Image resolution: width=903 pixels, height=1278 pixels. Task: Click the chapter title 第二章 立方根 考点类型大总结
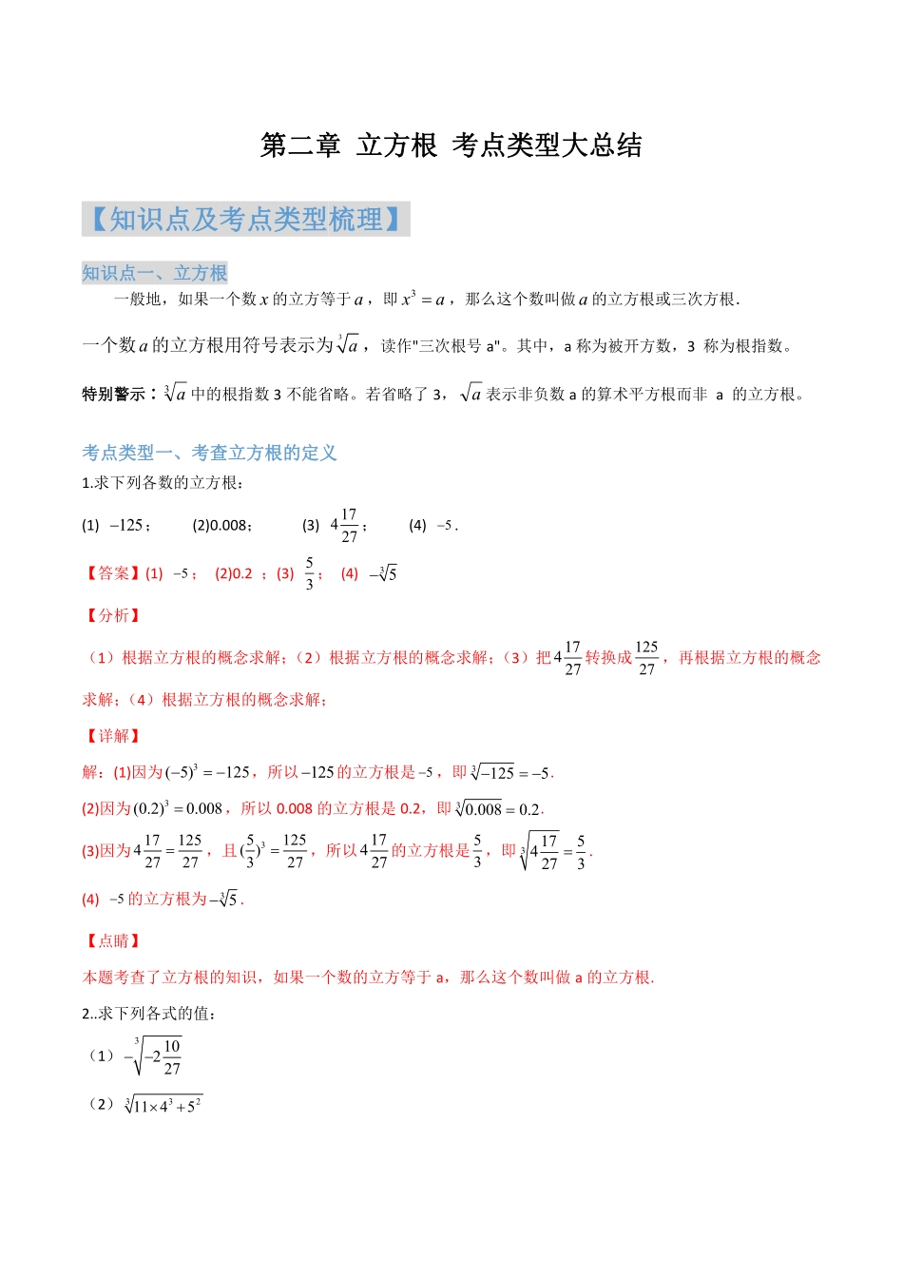pyautogui.click(x=451, y=145)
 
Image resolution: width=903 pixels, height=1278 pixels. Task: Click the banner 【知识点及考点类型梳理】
pyautogui.click(x=245, y=220)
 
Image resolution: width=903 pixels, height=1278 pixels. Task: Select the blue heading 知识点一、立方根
pyautogui.click(x=154, y=273)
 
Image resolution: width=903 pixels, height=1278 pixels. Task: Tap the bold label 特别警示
pyautogui.click(x=113, y=394)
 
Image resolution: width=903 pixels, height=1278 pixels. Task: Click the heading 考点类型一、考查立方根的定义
pyautogui.click(x=209, y=453)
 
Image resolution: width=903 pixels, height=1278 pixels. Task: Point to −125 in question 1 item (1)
pyautogui.click(x=126, y=525)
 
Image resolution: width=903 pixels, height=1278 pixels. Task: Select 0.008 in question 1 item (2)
pyautogui.click(x=229, y=525)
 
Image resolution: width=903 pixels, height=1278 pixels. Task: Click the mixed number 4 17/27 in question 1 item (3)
pyautogui.click(x=344, y=525)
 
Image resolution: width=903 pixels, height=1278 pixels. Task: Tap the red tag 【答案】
pyautogui.click(x=112, y=573)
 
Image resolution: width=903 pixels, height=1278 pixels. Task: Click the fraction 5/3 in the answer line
pyautogui.click(x=310, y=573)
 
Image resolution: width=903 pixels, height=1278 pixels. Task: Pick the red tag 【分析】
pyautogui.click(x=112, y=615)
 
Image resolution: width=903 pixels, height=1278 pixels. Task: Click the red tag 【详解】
pyautogui.click(x=112, y=736)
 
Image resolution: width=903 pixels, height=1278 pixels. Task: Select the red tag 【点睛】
pyautogui.click(x=112, y=940)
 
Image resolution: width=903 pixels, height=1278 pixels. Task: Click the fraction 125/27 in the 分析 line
pyautogui.click(x=646, y=657)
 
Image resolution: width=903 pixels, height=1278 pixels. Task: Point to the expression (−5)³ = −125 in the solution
pyautogui.click(x=206, y=772)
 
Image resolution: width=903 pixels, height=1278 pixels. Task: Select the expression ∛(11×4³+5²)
pyautogui.click(x=163, y=1105)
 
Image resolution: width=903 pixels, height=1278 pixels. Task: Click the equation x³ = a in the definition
pyautogui.click(x=423, y=299)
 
